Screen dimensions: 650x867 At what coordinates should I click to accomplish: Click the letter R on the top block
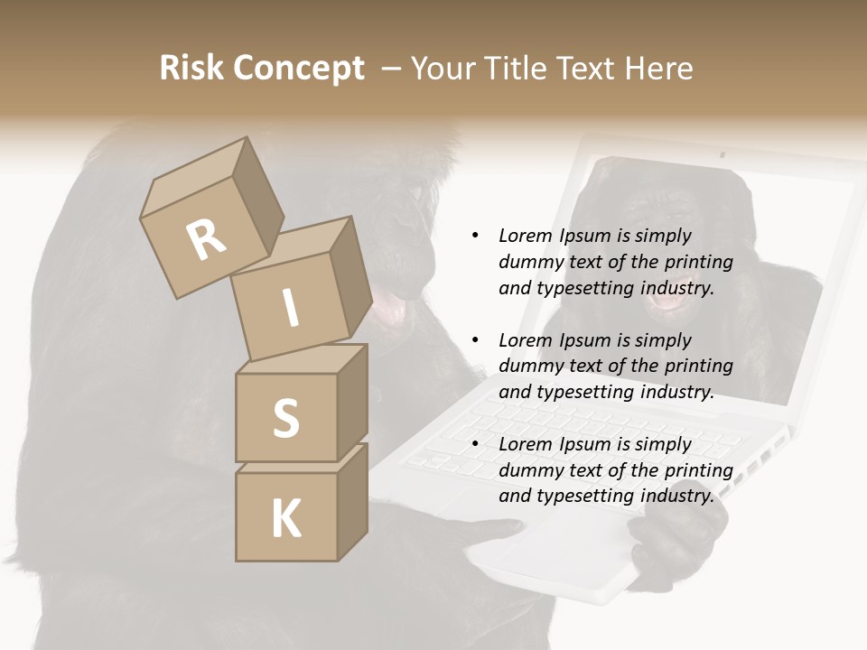206,240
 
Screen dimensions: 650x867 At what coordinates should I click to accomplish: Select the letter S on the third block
285,418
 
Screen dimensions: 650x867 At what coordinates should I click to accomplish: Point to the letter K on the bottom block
285,519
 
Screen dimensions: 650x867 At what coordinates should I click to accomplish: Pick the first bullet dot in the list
475,236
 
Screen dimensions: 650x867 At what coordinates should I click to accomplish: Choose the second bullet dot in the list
475,340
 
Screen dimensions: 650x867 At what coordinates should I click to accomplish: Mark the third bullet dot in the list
475,444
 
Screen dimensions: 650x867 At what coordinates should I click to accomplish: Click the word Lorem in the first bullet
524,236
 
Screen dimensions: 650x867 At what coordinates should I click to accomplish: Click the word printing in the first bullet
697,262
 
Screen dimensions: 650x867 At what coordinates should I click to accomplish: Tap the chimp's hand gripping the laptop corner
673,542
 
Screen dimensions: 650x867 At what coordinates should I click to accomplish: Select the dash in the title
391,69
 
